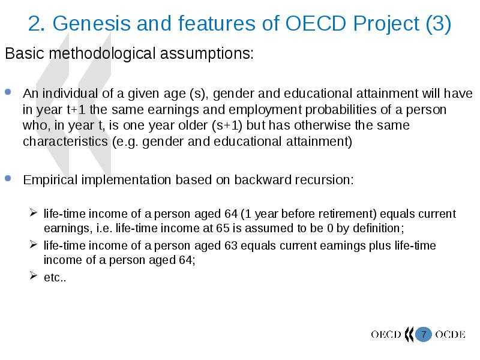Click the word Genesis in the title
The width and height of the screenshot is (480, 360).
pyautogui.click(x=91, y=23)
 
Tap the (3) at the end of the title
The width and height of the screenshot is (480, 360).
pyautogui.click(x=438, y=24)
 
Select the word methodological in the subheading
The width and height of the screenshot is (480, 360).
pyautogui.click(x=102, y=53)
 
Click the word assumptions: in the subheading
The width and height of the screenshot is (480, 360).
pyautogui.click(x=207, y=53)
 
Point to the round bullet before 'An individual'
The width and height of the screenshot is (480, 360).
pyautogui.click(x=8, y=92)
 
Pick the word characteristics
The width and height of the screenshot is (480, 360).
pyautogui.click(x=65, y=142)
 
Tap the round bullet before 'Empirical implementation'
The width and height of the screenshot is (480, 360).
pyautogui.click(x=8, y=178)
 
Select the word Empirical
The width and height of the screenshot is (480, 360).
pyautogui.click(x=50, y=180)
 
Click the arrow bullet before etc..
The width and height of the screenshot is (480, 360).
pyautogui.click(x=34, y=275)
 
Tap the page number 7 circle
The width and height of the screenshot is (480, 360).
pyautogui.click(x=424, y=334)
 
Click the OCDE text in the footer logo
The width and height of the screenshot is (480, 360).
pyautogui.click(x=450, y=334)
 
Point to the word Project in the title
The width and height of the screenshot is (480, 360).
pyautogui.click(x=386, y=24)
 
